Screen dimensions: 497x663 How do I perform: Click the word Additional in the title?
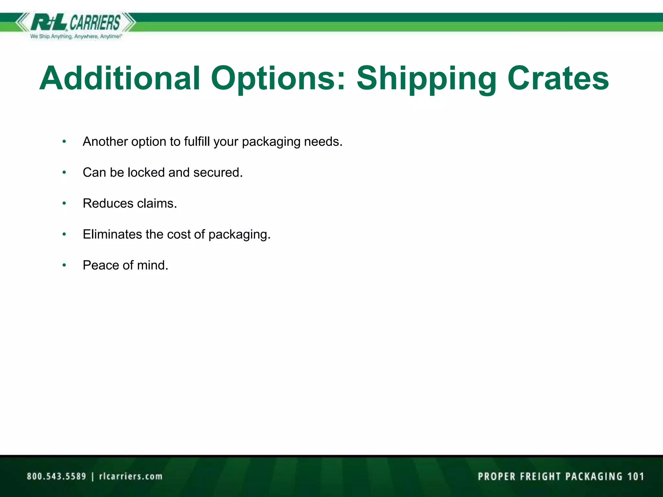120,78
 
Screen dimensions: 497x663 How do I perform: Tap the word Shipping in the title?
426,78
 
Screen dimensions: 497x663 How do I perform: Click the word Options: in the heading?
278,78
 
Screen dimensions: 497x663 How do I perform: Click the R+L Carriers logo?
76,23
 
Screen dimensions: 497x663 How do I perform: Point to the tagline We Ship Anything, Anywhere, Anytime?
76,37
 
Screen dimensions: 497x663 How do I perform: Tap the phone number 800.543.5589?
57,476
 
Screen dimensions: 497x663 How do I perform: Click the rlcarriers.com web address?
131,476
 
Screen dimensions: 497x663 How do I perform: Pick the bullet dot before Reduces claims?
64,203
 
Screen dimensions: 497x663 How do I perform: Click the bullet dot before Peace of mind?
64,265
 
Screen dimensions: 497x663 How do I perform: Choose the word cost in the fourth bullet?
178,234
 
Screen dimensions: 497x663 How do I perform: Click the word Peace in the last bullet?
101,265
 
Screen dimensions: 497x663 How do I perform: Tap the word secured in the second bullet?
218,172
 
